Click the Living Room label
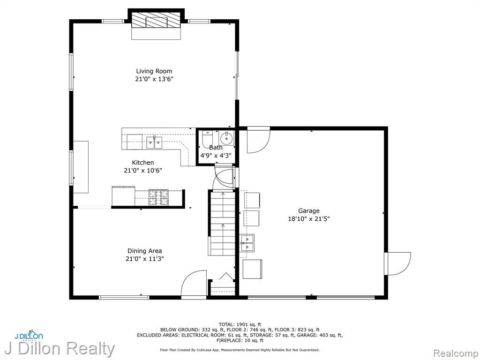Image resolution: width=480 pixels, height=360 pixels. click(x=154, y=71)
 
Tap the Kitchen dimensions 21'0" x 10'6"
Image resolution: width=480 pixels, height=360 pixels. click(x=142, y=171)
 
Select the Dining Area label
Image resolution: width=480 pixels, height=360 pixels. click(x=144, y=251)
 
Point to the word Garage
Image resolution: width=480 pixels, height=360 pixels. click(x=308, y=211)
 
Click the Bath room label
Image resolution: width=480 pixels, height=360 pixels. click(x=216, y=148)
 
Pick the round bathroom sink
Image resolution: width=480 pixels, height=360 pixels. click(x=226, y=138)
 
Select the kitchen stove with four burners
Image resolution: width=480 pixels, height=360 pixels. click(x=158, y=197)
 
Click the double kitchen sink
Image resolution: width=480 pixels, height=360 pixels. click(x=154, y=142)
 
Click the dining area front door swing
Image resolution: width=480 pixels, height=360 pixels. click(x=194, y=283)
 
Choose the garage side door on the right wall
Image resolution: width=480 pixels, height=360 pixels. click(x=397, y=263)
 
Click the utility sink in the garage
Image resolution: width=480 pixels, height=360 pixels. click(x=247, y=243)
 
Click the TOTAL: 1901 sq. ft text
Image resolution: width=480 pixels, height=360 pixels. click(x=240, y=324)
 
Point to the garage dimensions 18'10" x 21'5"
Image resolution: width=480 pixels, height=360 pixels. click(x=308, y=219)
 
